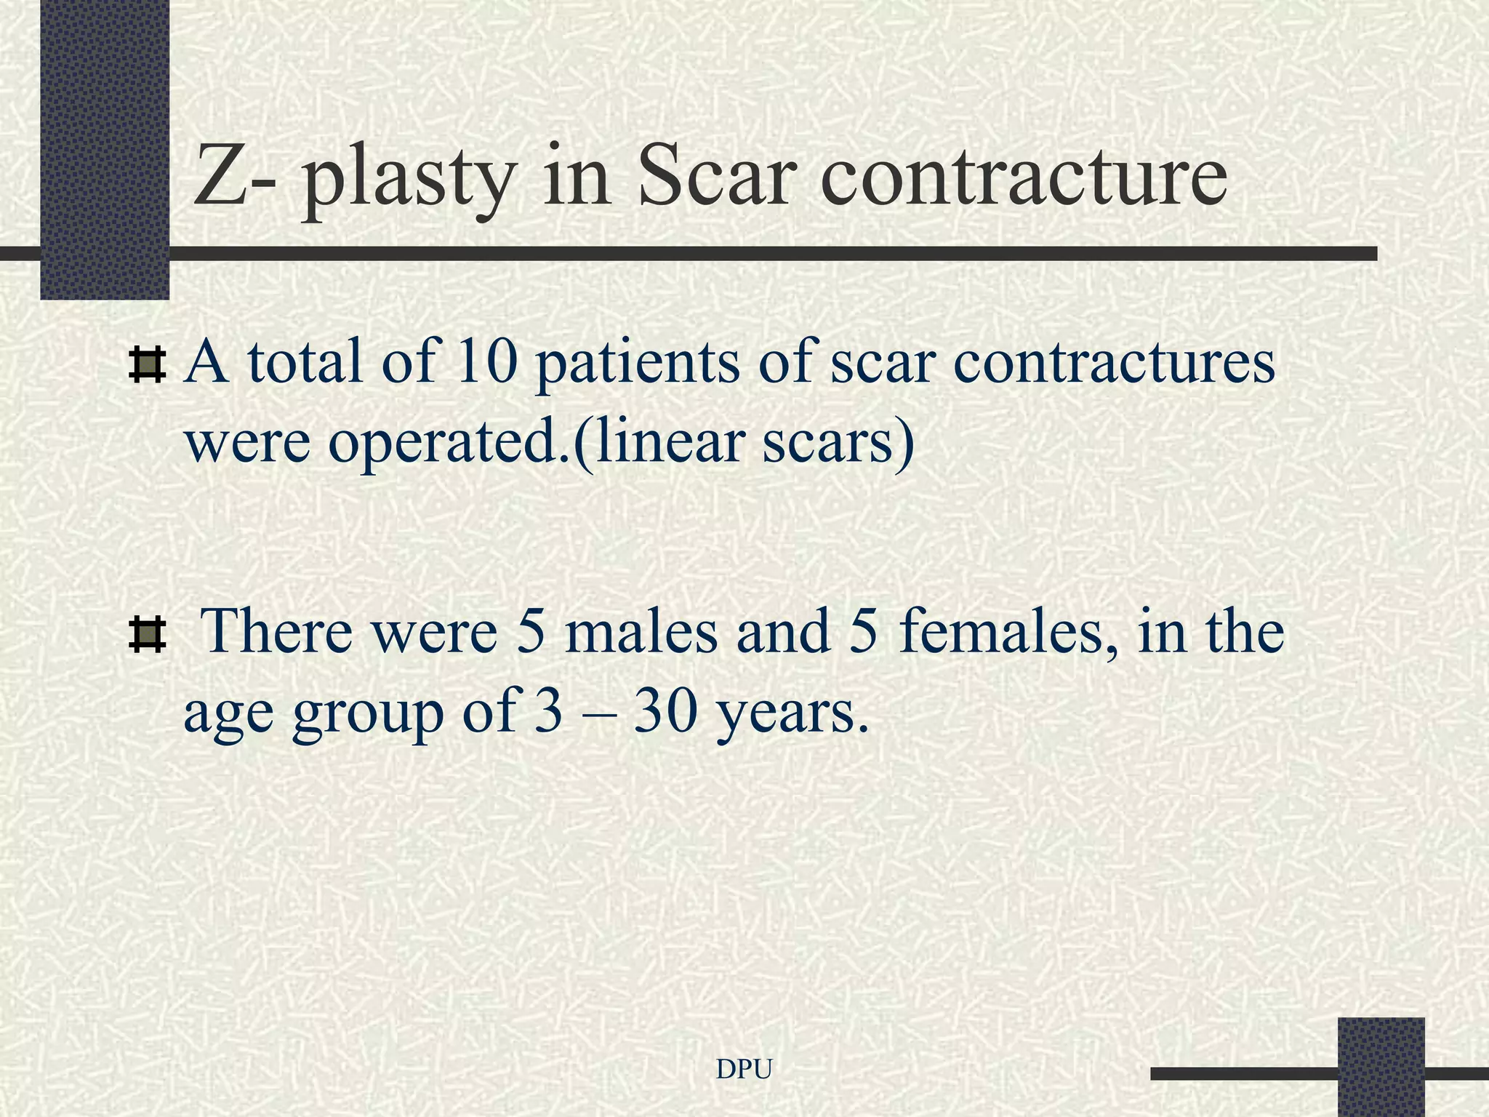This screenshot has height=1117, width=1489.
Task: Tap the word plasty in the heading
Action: pos(407,182)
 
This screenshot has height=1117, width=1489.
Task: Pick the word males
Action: pos(641,630)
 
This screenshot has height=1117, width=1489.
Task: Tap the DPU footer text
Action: pos(744,1069)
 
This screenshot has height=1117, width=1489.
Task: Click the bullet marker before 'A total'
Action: pos(147,366)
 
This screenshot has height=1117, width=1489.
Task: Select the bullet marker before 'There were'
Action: pos(147,633)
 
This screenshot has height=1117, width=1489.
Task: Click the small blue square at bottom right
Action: pos(1381,1066)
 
